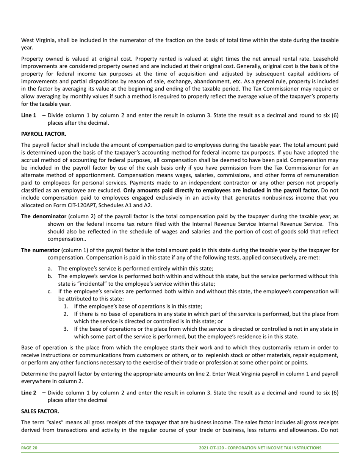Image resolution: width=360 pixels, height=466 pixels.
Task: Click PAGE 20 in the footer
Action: click(x=29, y=448)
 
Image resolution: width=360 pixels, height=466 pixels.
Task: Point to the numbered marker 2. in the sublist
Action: click(x=66, y=314)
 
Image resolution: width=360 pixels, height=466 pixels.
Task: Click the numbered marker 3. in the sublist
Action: click(x=66, y=329)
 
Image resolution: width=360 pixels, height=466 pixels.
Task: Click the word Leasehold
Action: click(x=326, y=59)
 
